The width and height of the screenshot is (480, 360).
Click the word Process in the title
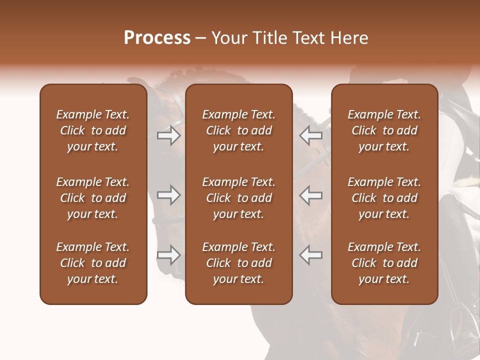pos(157,38)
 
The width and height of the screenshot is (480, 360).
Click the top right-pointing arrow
pos(169,135)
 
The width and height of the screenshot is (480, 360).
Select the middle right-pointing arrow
pos(169,195)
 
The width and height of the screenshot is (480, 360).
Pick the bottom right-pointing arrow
pos(169,255)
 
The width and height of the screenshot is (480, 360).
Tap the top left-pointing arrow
pos(310,135)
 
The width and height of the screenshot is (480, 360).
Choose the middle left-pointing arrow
pos(310,195)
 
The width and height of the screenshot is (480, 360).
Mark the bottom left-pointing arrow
pos(310,255)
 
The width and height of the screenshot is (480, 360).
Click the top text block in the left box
pos(93,130)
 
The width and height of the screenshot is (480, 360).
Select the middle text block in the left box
pos(93,198)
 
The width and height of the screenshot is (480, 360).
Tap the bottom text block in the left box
pos(93,263)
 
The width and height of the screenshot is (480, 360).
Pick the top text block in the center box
pos(239,130)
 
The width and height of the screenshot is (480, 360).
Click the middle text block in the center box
pos(239,198)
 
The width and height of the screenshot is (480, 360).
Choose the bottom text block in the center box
pos(239,263)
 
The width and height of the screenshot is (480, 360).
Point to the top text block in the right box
pos(384,130)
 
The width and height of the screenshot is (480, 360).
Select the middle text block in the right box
pos(384,198)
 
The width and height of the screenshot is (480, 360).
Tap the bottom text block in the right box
pos(384,263)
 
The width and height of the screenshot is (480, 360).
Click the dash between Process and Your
pos(201,39)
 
